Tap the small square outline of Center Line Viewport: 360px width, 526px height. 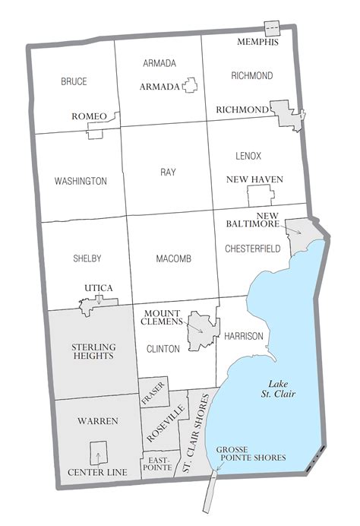point(98,453)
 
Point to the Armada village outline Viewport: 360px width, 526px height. point(190,86)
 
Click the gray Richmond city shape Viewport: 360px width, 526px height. point(287,114)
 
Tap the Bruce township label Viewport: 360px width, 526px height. point(74,81)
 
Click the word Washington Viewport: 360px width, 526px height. point(81,181)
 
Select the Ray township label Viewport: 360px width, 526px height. point(168,173)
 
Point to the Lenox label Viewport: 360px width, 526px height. point(248,156)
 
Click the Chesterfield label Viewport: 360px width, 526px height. point(253,249)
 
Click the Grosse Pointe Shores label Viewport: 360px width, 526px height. point(251,454)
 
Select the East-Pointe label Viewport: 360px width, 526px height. point(159,465)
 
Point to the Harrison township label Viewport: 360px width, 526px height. point(244,336)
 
